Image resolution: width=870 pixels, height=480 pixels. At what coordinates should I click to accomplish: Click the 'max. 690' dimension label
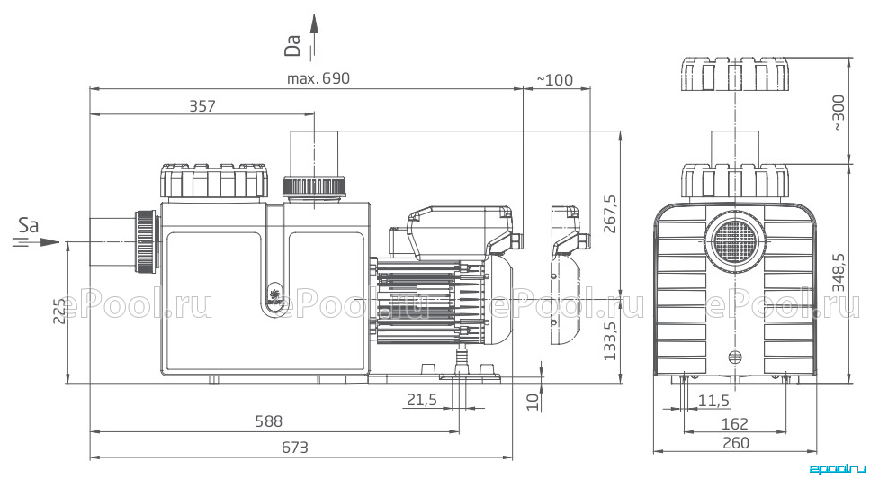pyautogui.click(x=318, y=78)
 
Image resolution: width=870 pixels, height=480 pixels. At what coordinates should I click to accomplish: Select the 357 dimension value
pyautogui.click(x=202, y=105)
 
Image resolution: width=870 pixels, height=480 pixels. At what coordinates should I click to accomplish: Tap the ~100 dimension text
pyautogui.click(x=555, y=80)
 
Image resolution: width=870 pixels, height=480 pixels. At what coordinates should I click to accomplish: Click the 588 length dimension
pyautogui.click(x=268, y=421)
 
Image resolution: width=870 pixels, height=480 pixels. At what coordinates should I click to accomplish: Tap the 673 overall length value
pyautogui.click(x=294, y=448)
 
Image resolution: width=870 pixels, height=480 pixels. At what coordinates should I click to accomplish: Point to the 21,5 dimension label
pyautogui.click(x=422, y=400)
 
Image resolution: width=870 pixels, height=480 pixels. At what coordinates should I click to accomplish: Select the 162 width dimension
pyautogui.click(x=735, y=424)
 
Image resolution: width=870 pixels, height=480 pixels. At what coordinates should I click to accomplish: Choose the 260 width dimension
pyautogui.click(x=736, y=443)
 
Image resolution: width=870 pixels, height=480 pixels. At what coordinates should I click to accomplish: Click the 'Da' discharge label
pyautogui.click(x=292, y=46)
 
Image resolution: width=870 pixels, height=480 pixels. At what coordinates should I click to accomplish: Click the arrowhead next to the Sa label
pyautogui.click(x=50, y=242)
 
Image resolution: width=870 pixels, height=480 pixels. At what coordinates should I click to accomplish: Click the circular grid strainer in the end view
pyautogui.click(x=735, y=240)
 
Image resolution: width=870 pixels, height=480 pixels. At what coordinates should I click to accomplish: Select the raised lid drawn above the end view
pyautogui.click(x=735, y=73)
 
